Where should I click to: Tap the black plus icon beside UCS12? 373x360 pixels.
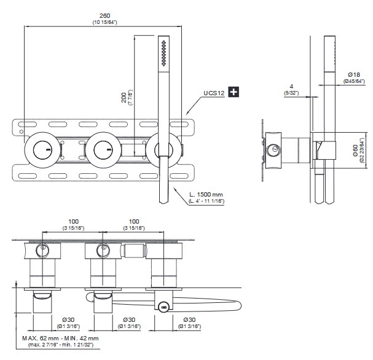234,93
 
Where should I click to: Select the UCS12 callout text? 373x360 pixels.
213,93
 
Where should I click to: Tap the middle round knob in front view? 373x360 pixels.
101,149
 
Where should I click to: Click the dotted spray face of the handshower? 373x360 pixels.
163,52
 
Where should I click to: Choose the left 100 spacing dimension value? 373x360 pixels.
74,221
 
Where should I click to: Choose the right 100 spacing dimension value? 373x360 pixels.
133,221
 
